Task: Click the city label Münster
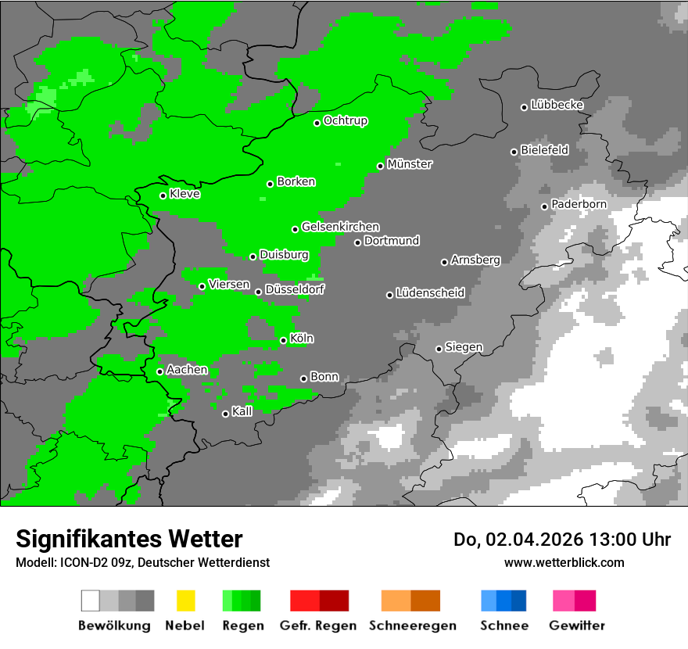tap(410, 164)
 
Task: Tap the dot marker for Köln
tap(283, 340)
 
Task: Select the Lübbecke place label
tap(557, 105)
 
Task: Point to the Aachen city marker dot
tap(159, 371)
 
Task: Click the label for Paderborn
tap(579, 204)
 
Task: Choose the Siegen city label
tap(464, 347)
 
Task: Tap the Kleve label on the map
tap(185, 194)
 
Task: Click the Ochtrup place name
tap(346, 120)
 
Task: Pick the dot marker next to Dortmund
tap(357, 242)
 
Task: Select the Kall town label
tap(242, 411)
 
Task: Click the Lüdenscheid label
tap(430, 293)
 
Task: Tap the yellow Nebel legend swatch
tap(185, 601)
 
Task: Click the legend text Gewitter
tap(577, 626)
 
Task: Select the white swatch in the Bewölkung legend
tap(90, 601)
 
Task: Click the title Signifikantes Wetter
tap(129, 539)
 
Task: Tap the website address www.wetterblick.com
tap(564, 562)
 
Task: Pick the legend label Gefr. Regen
tap(318, 626)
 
